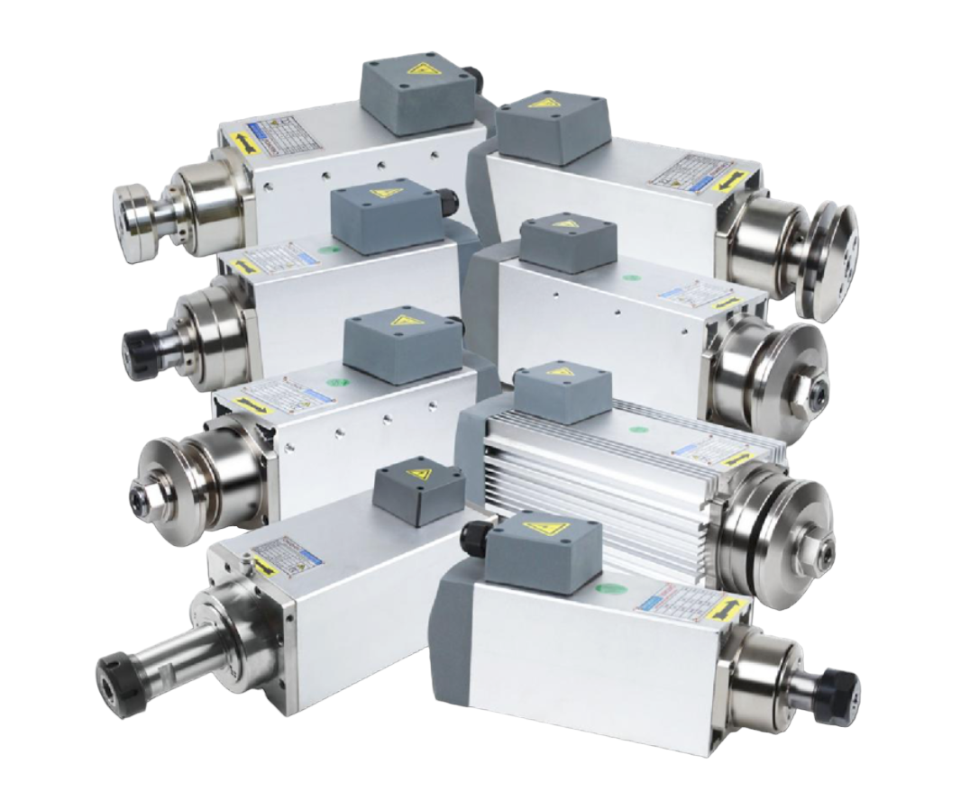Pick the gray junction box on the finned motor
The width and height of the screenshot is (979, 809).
coord(563,394)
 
